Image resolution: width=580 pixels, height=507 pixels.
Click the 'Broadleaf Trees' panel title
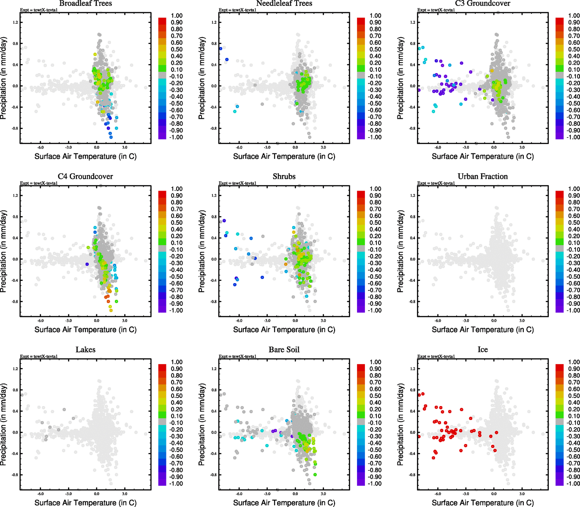tap(85, 3)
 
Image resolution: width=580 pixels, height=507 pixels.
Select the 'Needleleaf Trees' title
tap(284, 3)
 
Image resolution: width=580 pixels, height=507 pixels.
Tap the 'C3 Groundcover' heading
tap(482, 3)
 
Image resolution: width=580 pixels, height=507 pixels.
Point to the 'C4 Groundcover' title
tap(85, 176)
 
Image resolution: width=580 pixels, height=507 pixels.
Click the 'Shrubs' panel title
tap(284, 176)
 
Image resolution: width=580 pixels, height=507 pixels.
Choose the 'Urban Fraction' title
tap(482, 176)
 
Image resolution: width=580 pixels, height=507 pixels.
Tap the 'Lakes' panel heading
tap(85, 349)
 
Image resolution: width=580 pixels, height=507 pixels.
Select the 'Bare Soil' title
tap(284, 349)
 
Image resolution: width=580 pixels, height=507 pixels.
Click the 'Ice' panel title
tap(482, 349)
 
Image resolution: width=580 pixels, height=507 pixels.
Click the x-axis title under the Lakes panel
tap(85, 502)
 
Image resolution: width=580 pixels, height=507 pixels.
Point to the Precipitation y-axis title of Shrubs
tap(202, 251)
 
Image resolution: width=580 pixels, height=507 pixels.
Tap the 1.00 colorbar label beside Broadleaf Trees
tap(177, 16)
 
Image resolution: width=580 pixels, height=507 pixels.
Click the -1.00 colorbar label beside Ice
tap(573, 483)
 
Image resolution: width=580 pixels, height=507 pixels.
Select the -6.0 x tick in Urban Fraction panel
tap(438, 321)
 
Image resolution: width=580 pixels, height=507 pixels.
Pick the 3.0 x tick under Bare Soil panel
tap(323, 494)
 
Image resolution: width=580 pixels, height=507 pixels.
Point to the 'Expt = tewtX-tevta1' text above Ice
tap(436, 356)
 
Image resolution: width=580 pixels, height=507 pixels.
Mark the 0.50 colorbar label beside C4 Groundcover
tap(177, 223)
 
